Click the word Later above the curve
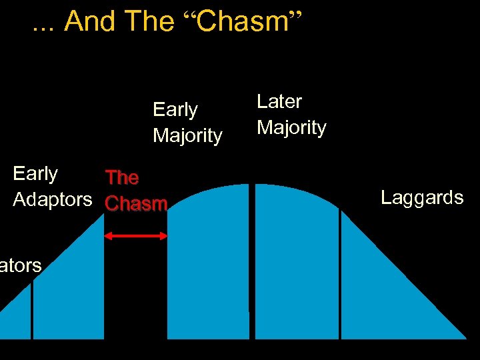(279, 101)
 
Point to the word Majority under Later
(291, 127)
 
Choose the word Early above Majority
(175, 109)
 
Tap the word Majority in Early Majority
(187, 135)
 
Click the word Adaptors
(53, 199)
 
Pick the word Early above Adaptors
(35, 173)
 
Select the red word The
(122, 177)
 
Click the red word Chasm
(136, 203)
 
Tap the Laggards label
(422, 197)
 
